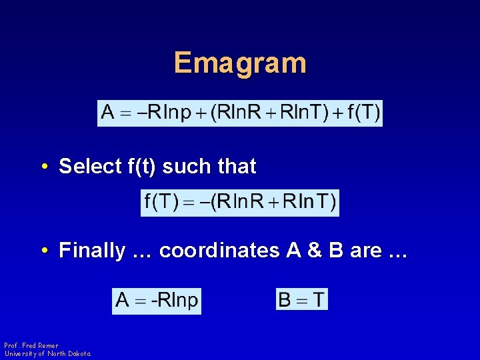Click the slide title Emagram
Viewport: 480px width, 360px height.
pos(240,63)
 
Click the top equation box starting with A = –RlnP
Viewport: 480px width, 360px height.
pos(240,112)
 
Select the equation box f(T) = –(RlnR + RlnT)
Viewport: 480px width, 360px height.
pos(240,203)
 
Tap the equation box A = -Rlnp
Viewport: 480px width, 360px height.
pos(157,301)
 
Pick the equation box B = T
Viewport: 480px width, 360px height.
pos(302,299)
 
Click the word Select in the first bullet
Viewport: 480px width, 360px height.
pos(90,167)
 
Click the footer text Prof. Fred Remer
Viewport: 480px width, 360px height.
pos(31,345)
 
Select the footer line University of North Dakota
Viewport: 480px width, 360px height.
pos(47,353)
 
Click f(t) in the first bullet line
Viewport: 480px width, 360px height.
pos(141,167)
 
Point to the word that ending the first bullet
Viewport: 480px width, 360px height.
pos(236,167)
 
